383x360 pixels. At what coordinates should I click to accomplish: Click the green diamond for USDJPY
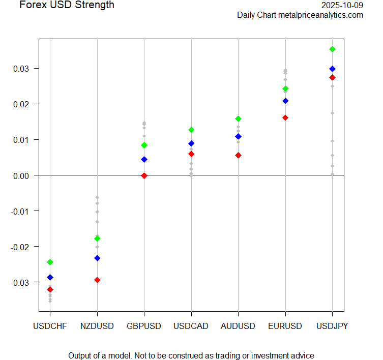[332, 49]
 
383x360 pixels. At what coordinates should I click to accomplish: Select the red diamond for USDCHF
[50, 289]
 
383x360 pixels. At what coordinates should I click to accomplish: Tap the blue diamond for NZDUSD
[97, 258]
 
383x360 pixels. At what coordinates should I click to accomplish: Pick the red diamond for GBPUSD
[144, 175]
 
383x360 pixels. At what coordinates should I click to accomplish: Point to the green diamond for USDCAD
[191, 130]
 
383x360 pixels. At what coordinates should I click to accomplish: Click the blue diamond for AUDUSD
[238, 136]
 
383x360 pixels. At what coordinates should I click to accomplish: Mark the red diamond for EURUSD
[285, 117]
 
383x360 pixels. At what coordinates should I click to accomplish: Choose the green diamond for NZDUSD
[97, 238]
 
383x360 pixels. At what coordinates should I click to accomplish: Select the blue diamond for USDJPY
[332, 69]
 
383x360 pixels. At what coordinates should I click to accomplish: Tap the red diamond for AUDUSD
[238, 155]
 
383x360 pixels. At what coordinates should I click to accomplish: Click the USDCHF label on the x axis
[50, 326]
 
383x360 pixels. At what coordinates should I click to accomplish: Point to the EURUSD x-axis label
[285, 326]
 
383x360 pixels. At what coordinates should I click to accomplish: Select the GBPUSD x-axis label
[144, 326]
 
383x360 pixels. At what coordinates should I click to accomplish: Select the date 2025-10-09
[342, 5]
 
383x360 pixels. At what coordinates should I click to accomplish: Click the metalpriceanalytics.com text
[320, 15]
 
